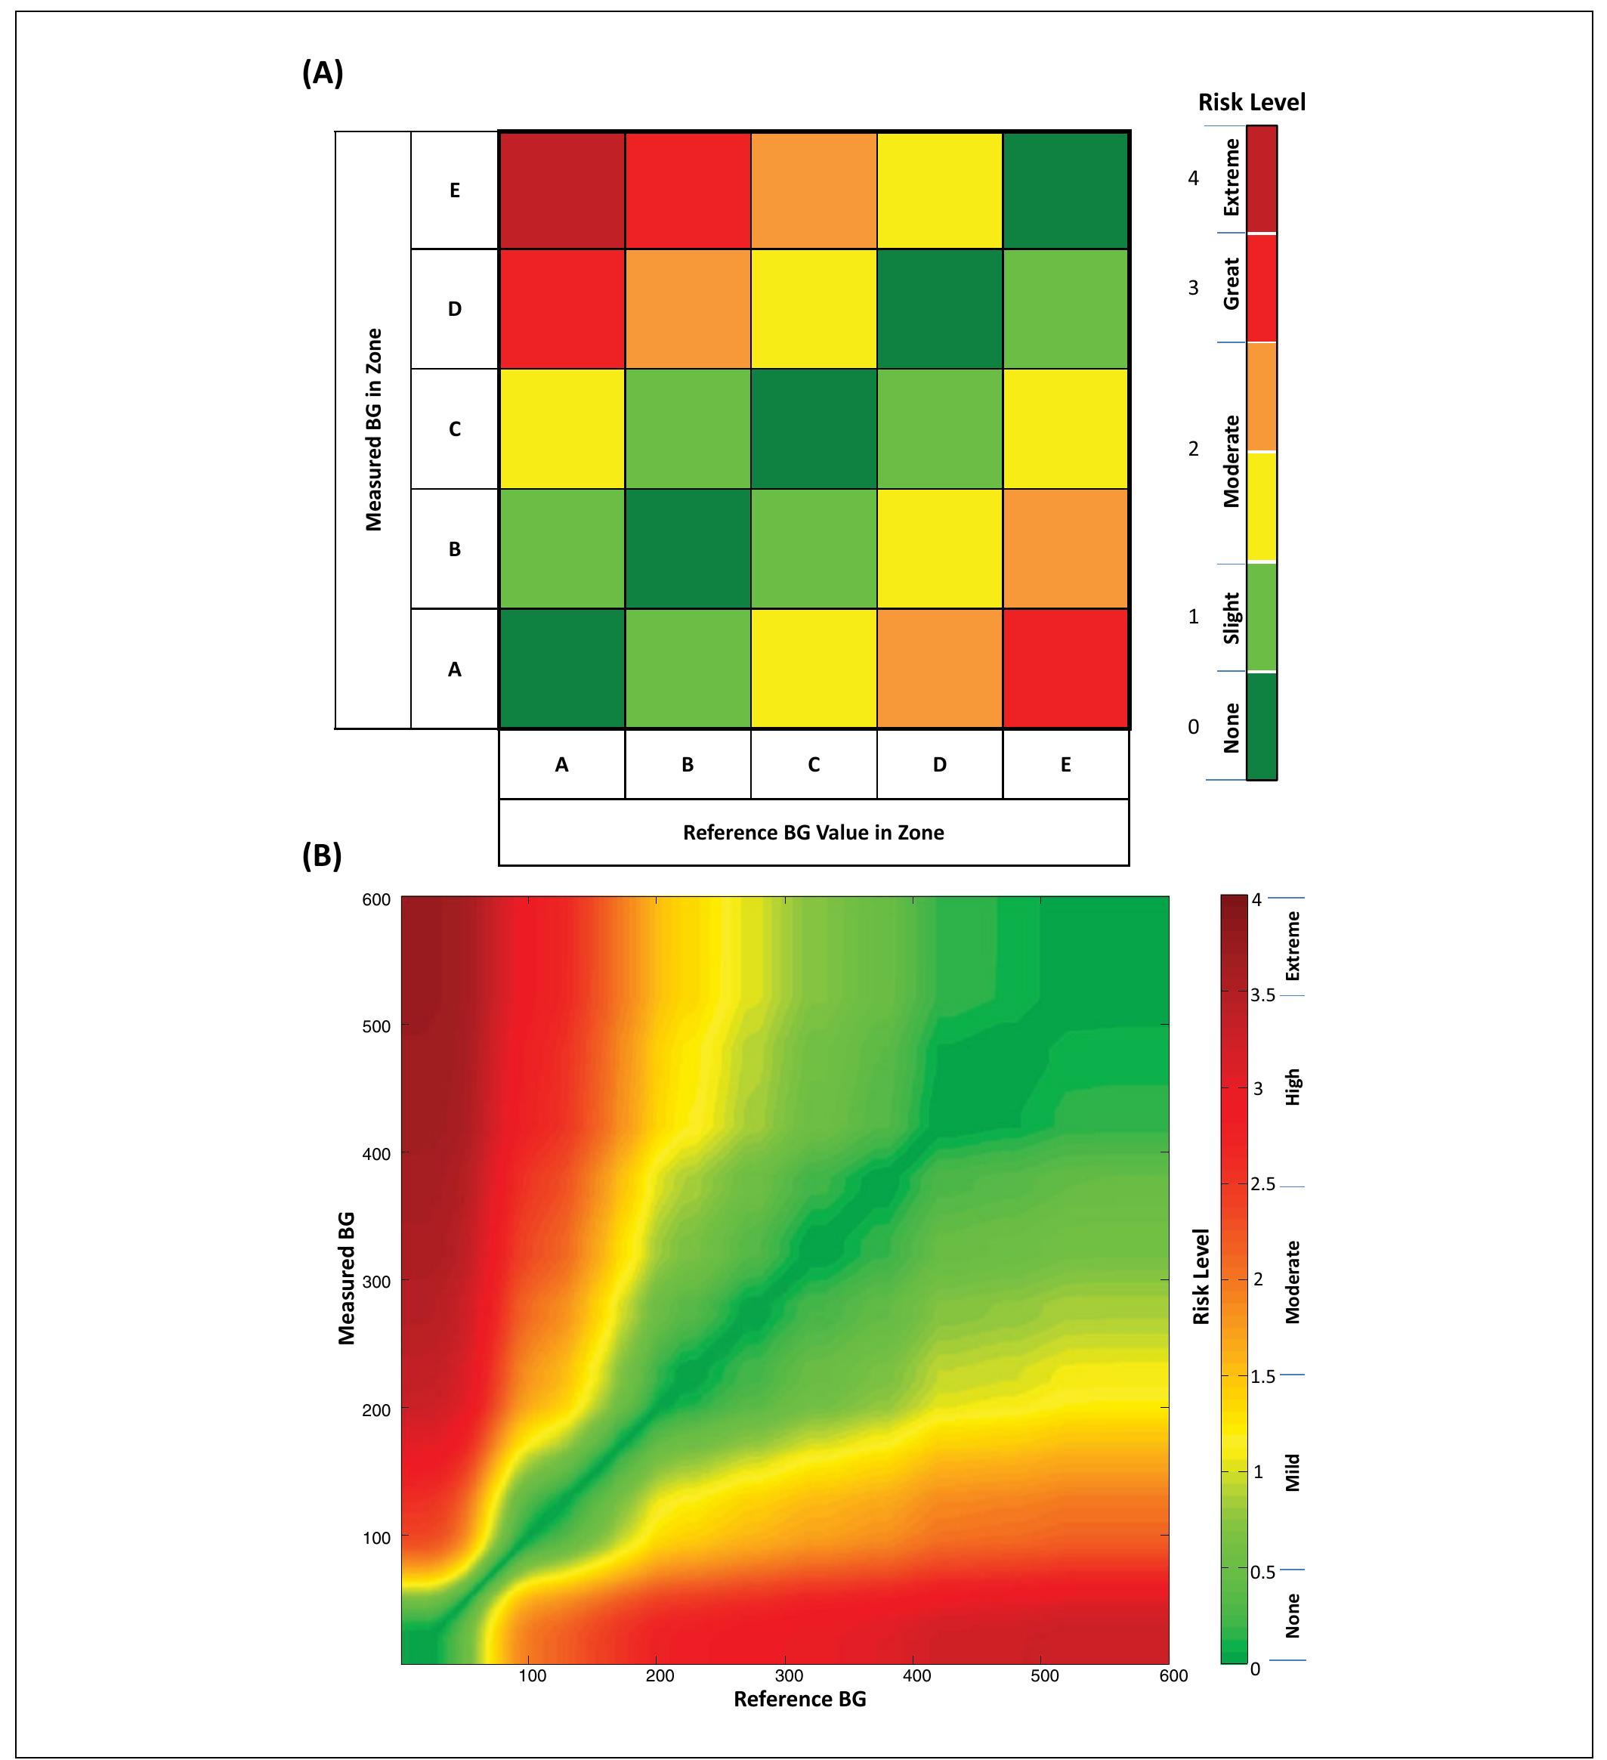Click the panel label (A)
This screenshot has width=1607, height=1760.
tap(322, 73)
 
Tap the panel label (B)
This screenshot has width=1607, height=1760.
tap(321, 855)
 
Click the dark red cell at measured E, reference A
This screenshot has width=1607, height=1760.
tap(561, 190)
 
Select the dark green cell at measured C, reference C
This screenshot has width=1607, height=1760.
tap(814, 428)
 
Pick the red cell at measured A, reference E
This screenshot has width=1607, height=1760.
tap(1066, 669)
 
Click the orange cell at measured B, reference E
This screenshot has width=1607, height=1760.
tap(1066, 549)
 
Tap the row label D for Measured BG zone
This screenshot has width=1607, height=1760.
tap(455, 309)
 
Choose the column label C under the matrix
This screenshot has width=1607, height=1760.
tap(814, 765)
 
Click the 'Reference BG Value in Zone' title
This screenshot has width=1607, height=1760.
tap(813, 833)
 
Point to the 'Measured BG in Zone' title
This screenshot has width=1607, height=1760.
tap(373, 428)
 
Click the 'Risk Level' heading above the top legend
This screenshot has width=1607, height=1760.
tap(1251, 103)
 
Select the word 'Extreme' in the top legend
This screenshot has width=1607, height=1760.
tap(1232, 178)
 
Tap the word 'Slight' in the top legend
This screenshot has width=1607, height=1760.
tap(1232, 617)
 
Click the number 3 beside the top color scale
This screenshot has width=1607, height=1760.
tap(1193, 288)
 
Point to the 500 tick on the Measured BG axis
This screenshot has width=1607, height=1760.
tap(376, 1027)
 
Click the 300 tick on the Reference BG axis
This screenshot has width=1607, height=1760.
tap(788, 1675)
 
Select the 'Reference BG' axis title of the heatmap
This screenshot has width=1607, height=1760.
tap(799, 1699)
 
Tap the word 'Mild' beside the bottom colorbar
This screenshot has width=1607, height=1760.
tap(1293, 1472)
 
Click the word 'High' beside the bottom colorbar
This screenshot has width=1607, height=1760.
tap(1293, 1087)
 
